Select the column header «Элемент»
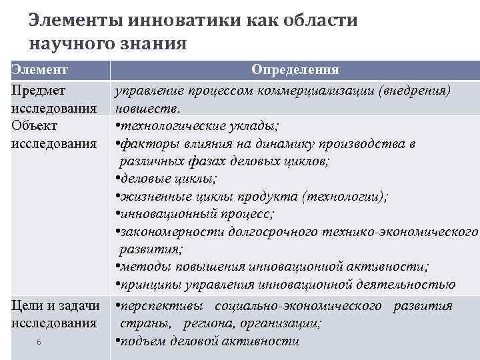(41, 70)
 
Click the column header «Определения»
(295, 70)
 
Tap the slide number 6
(39, 342)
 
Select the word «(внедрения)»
(414, 89)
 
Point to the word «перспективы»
(160, 306)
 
